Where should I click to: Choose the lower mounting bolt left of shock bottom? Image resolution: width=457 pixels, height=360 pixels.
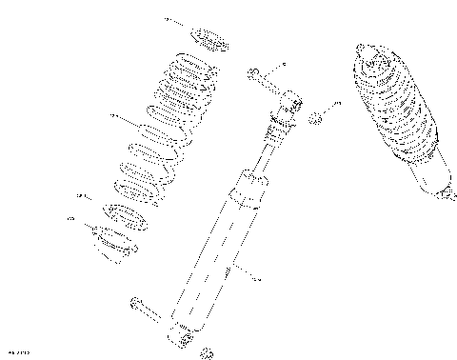point(145,310)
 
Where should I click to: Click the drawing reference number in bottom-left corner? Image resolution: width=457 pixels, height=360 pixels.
point(17,353)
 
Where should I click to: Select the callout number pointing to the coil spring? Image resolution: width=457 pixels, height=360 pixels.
point(113,116)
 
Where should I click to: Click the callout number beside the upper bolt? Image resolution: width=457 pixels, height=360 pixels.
point(283,66)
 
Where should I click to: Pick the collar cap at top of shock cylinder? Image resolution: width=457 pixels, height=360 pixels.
point(252,185)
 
